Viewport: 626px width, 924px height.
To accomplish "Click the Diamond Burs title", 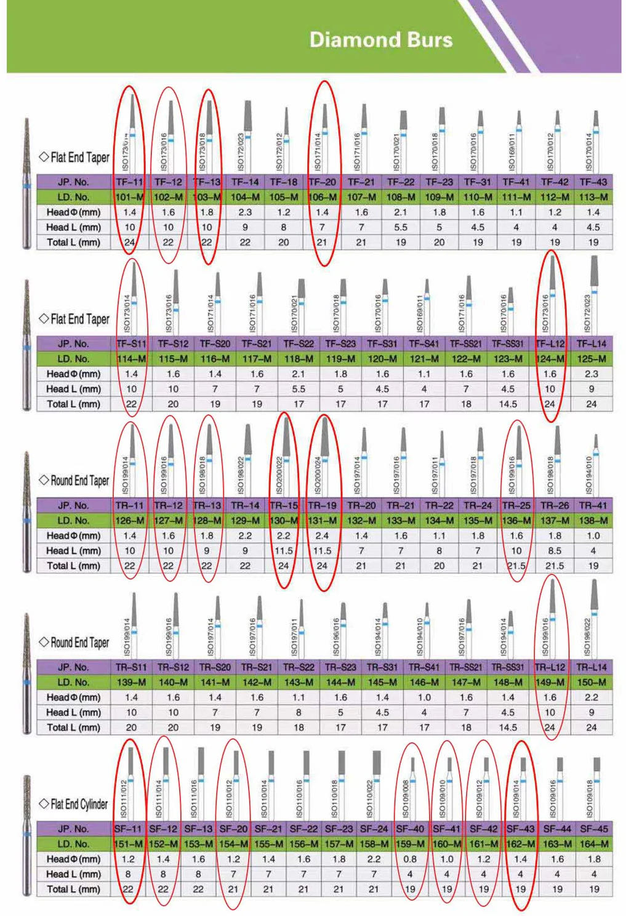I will pyautogui.click(x=380, y=40).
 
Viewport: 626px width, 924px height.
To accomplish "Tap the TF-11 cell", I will pyautogui.click(x=129, y=182).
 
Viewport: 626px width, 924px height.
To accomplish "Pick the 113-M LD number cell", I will pyautogui.click(x=593, y=197).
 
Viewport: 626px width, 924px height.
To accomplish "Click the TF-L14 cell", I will pyautogui.click(x=592, y=343).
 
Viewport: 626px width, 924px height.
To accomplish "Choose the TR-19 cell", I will pyautogui.click(x=322, y=505).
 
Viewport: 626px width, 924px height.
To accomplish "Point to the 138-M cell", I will pyautogui.click(x=593, y=521).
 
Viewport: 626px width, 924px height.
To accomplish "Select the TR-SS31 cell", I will pyautogui.click(x=508, y=667).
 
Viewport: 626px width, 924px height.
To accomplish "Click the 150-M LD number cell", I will pyautogui.click(x=592, y=682).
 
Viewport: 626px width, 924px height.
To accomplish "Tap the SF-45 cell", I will pyautogui.click(x=594, y=829).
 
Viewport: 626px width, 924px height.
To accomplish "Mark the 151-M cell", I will pyautogui.click(x=128, y=844).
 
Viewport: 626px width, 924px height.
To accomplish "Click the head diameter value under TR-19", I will pyautogui.click(x=322, y=536).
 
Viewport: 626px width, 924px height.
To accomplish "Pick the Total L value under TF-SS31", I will pyautogui.click(x=508, y=404).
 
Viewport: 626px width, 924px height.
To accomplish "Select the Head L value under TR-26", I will pyautogui.click(x=555, y=551).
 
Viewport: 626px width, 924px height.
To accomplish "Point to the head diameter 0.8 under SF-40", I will pyautogui.click(x=410, y=859).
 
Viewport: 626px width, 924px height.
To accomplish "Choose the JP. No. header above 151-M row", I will pyautogui.click(x=73, y=829).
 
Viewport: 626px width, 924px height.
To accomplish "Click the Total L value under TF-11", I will pyautogui.click(x=129, y=243).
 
